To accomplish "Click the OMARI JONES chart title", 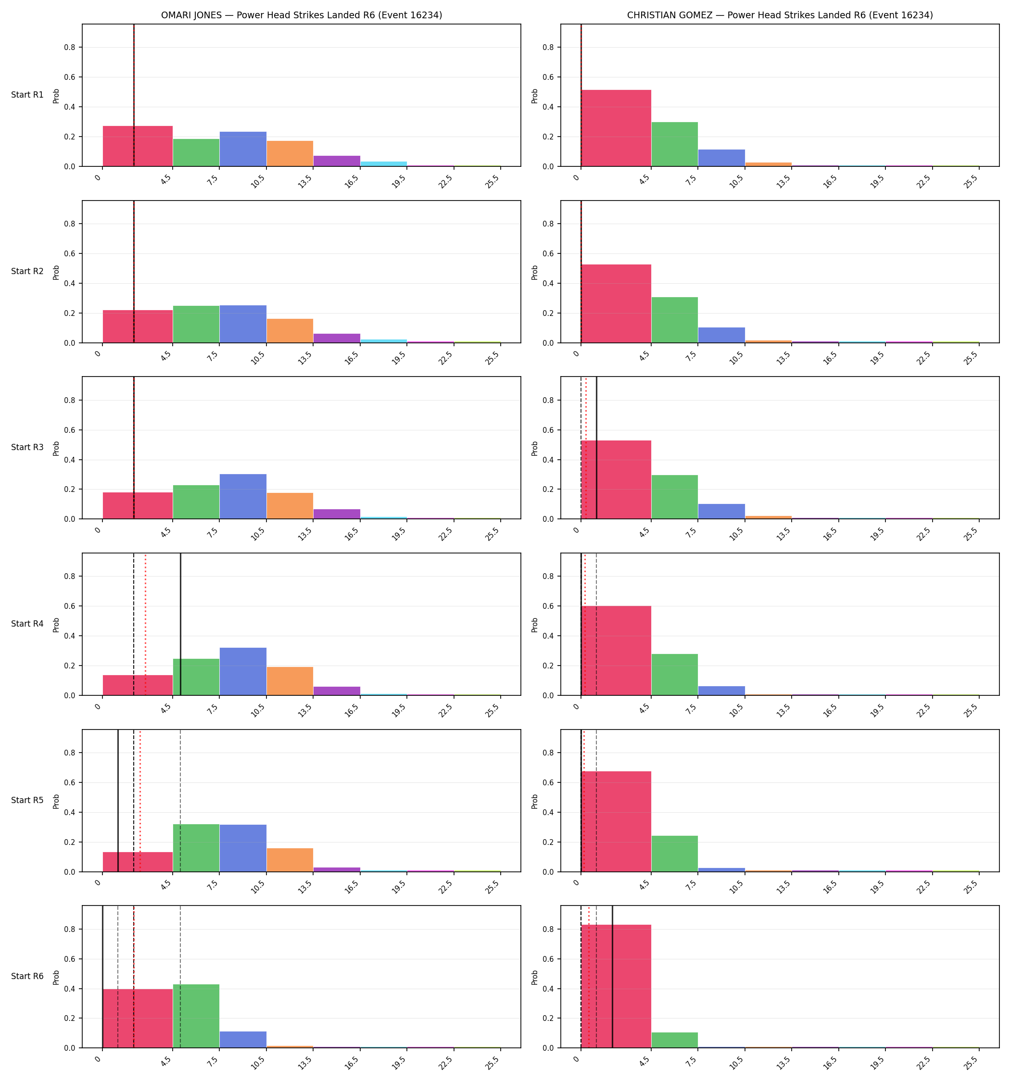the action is tap(301, 15).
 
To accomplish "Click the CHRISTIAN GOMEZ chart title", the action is tap(780, 15).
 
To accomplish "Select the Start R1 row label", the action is tap(27, 95).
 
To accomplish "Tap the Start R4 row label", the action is tap(27, 624).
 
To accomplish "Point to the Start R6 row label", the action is tap(27, 976).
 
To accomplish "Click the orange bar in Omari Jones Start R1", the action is tap(290, 153).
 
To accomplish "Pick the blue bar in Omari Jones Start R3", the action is tap(243, 496).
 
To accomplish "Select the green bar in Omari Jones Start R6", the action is tap(196, 1016).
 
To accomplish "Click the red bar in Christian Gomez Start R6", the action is tap(616, 986).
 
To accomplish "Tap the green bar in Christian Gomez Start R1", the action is tap(675, 144).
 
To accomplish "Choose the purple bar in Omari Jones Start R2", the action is tap(337, 338).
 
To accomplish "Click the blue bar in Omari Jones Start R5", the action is tap(243, 848).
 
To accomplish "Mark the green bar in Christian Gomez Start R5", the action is tap(675, 854).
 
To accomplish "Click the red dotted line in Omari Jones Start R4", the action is tap(145, 624).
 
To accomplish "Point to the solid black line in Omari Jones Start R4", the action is tap(181, 624).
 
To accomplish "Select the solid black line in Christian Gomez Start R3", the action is tap(597, 448).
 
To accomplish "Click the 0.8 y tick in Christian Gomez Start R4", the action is tap(549, 577).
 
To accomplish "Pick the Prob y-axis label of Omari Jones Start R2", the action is tap(56, 272).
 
